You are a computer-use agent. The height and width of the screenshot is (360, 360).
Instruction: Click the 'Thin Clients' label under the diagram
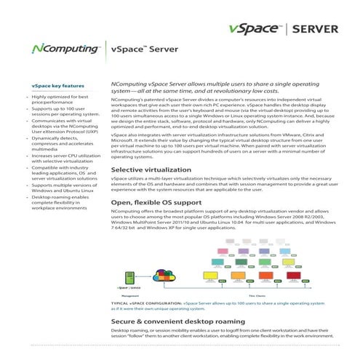[x=257, y=295]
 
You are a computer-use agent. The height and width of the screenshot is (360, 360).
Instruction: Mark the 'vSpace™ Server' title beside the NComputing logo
[x=138, y=49]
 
